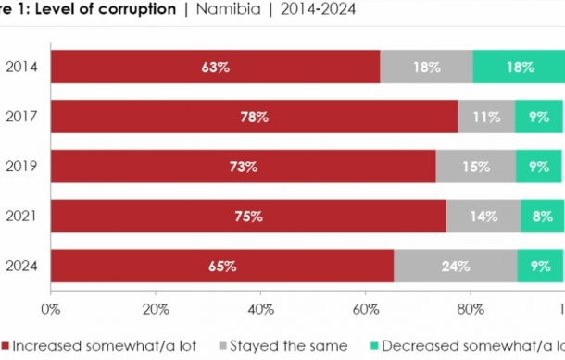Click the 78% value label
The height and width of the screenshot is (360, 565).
(254, 118)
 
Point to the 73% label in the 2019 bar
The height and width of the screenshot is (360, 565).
(244, 168)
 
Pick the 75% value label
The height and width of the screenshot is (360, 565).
(248, 217)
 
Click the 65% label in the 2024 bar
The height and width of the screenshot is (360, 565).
(222, 267)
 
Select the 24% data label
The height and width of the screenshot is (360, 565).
(456, 267)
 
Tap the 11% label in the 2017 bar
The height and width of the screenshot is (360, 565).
(486, 118)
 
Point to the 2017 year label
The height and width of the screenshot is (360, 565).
(21, 118)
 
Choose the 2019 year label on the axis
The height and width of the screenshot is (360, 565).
(21, 168)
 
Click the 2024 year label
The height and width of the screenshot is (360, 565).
(21, 267)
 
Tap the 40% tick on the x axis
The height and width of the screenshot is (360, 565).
(261, 307)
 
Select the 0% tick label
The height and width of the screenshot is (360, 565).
(51, 307)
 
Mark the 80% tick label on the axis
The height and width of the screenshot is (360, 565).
(471, 307)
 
